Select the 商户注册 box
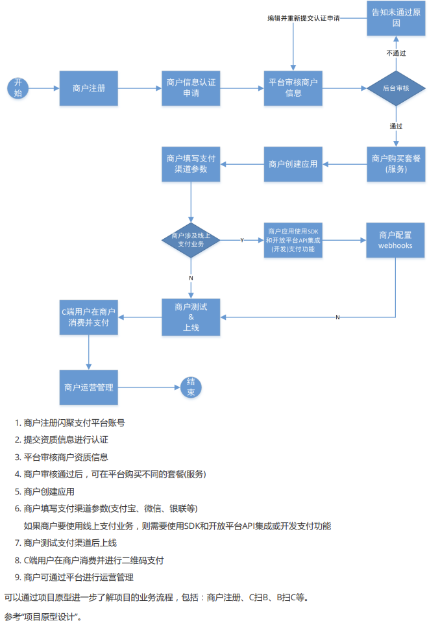(x=89, y=88)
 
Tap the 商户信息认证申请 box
(x=191, y=88)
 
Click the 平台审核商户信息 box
(x=293, y=88)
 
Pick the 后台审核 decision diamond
(x=396, y=88)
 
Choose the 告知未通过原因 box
(x=396, y=18)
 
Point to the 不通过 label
(x=396, y=53)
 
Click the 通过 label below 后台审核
(x=396, y=125)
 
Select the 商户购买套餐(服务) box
(x=396, y=164)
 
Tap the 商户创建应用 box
(x=293, y=164)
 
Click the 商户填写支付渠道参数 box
(x=191, y=164)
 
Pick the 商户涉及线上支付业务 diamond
(x=191, y=240)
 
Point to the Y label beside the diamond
(x=242, y=240)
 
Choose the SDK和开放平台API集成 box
(x=293, y=240)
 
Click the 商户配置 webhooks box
(x=396, y=240)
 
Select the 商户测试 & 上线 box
(x=191, y=317)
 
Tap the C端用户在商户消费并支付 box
(x=89, y=317)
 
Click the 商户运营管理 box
(x=89, y=387)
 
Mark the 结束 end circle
(x=191, y=387)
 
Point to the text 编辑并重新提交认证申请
(x=304, y=18)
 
